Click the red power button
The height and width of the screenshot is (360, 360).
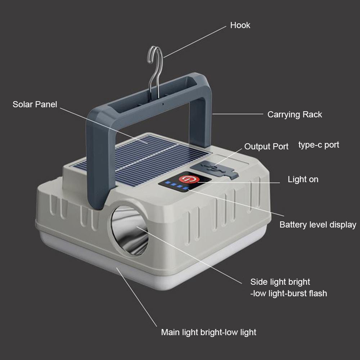(189, 179)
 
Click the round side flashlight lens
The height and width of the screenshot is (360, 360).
(130, 230)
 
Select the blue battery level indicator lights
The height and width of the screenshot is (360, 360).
(177, 185)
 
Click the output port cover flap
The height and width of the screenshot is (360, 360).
(215, 169)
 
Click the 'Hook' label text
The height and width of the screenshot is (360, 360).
(240, 25)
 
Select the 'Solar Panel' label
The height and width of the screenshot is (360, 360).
(35, 104)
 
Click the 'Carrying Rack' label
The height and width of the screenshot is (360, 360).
(294, 114)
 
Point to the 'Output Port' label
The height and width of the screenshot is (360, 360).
(266, 146)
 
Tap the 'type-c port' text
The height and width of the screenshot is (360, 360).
(319, 145)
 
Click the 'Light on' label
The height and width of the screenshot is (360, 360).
(303, 179)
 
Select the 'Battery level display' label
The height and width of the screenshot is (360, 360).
(318, 225)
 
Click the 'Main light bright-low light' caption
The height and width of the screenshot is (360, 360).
(208, 332)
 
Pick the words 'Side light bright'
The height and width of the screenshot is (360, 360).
(280, 282)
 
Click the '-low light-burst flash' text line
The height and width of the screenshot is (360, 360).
(289, 293)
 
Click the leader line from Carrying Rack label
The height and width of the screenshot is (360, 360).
(238, 114)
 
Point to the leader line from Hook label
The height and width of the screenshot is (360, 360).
(195, 42)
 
